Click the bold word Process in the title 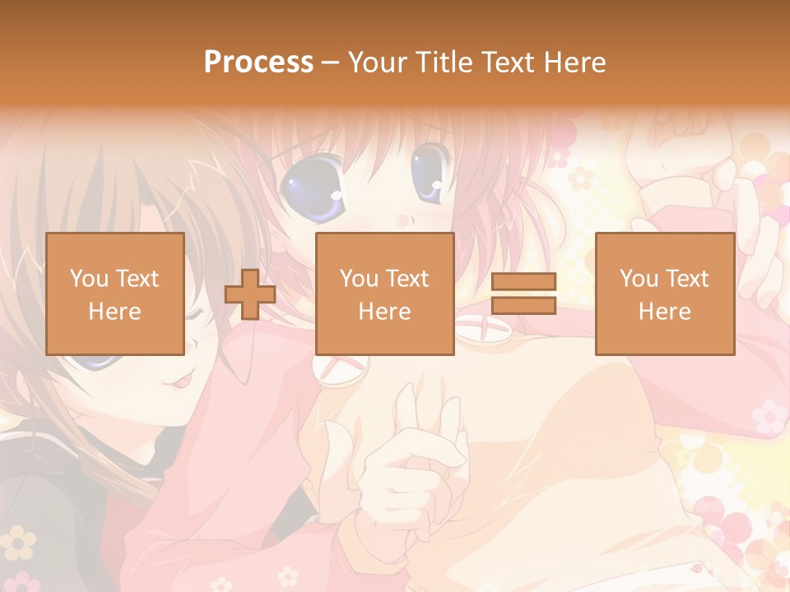point(258,62)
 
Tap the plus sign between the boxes point(250,294)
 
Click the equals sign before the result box point(524,294)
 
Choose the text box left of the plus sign point(115,294)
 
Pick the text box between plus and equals point(384,294)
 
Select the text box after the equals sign point(664,294)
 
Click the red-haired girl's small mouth point(400,221)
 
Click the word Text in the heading point(509,62)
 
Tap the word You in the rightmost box point(639,279)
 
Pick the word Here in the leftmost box point(115,312)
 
